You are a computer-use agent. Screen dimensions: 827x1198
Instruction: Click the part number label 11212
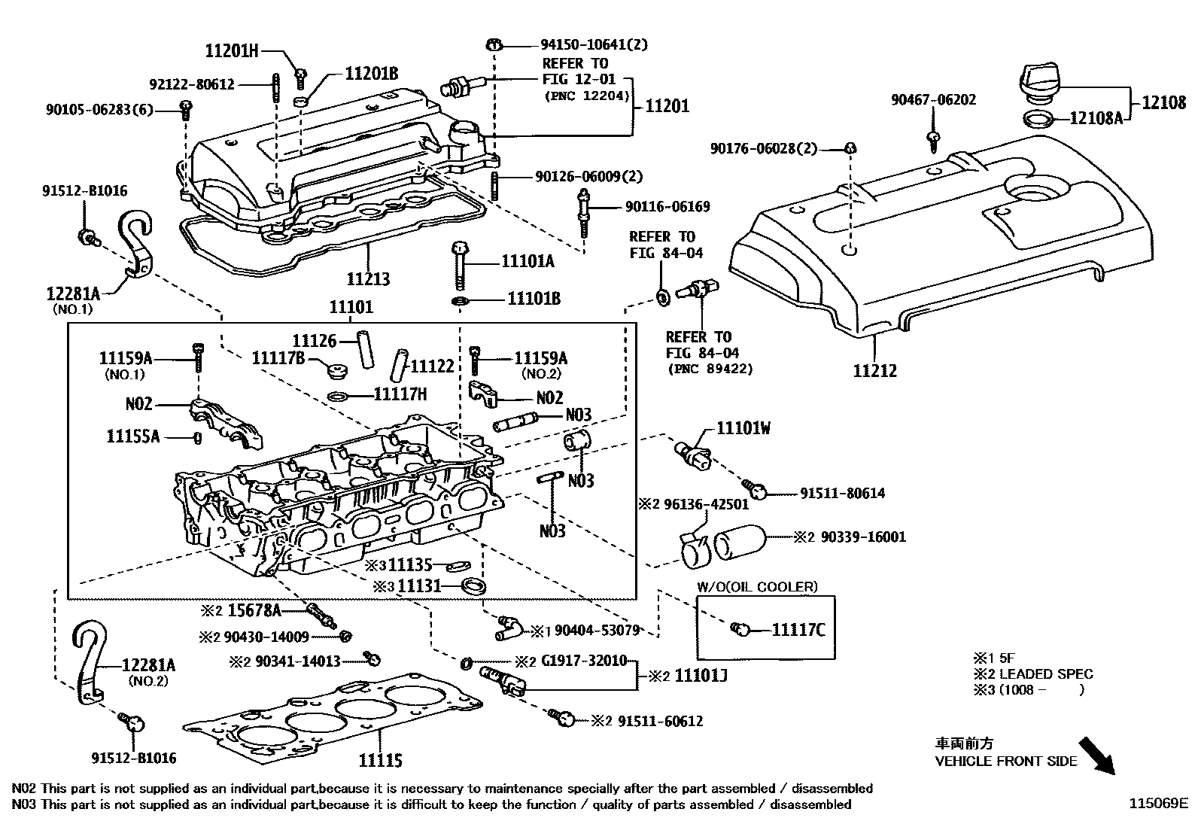tap(874, 370)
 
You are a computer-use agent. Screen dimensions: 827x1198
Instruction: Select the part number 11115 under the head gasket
tap(380, 760)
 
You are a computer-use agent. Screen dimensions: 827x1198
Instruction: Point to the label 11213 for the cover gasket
tap(368, 279)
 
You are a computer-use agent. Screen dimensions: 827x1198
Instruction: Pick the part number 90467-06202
tap(933, 99)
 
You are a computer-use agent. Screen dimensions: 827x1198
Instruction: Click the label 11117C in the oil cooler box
tap(798, 629)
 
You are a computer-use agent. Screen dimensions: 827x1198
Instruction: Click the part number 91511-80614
tap(842, 494)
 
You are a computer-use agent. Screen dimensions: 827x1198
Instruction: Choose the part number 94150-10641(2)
tap(593, 44)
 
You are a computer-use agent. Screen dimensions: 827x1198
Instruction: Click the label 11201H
tap(231, 51)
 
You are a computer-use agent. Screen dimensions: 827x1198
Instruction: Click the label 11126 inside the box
tap(314, 340)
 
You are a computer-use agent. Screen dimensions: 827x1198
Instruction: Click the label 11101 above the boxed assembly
tap(351, 308)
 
